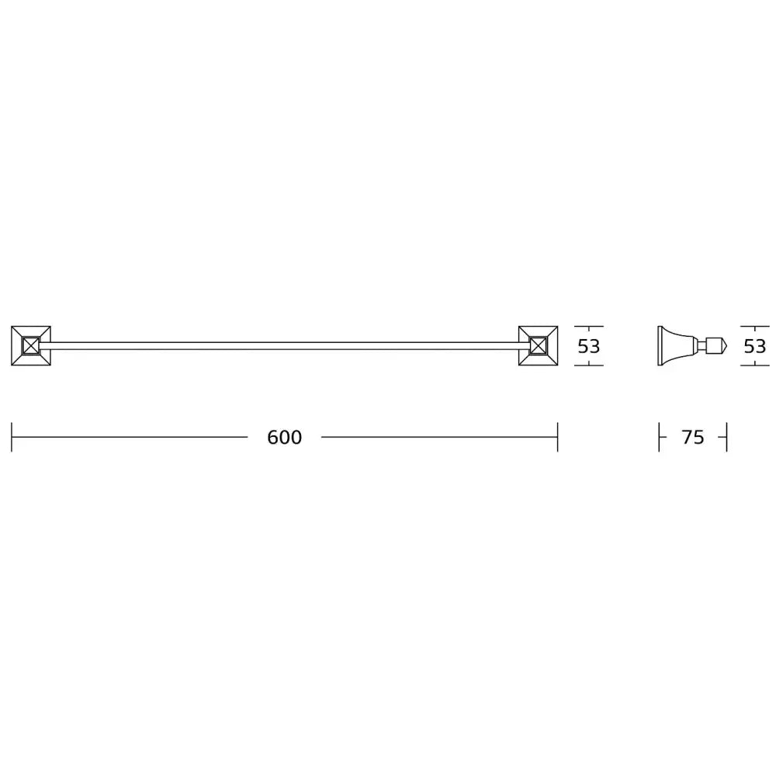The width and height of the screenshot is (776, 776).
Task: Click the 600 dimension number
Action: coord(284,438)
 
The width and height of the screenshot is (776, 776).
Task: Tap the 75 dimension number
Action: coord(692,438)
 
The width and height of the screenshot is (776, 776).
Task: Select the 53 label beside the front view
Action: coord(589,346)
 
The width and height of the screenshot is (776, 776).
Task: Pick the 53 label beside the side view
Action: coord(755,346)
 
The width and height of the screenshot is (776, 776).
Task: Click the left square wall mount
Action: coord(31,346)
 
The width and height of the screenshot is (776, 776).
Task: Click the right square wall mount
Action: coord(538,346)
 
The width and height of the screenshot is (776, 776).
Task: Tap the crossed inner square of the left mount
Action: coord(31,346)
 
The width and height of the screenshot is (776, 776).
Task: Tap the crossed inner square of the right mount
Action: coord(538,346)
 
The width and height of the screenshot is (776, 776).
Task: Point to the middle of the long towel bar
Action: coord(284,346)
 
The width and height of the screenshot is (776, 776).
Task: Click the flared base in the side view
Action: coord(676,346)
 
